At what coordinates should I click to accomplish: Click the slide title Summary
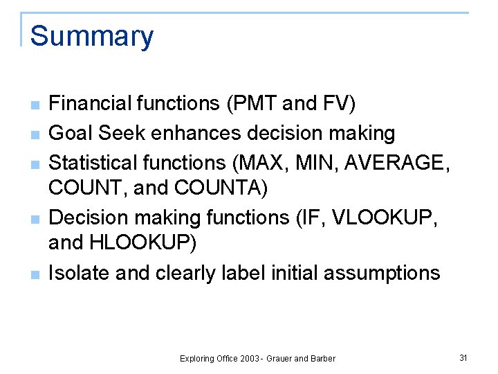[x=92, y=36]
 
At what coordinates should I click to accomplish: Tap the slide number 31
[x=463, y=357]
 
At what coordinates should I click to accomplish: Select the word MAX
[x=264, y=163]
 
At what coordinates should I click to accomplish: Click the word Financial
[x=91, y=104]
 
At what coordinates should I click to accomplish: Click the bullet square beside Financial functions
[x=34, y=105]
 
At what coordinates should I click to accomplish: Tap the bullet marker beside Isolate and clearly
[x=34, y=274]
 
